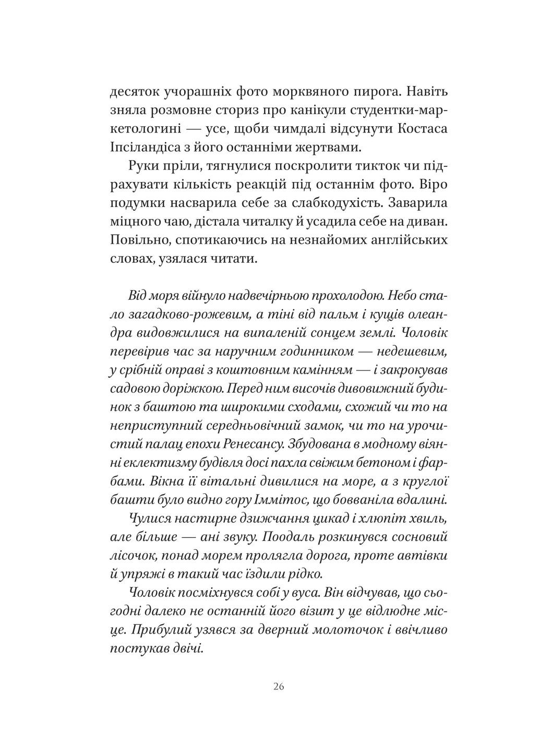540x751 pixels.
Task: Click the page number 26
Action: tap(278, 686)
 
